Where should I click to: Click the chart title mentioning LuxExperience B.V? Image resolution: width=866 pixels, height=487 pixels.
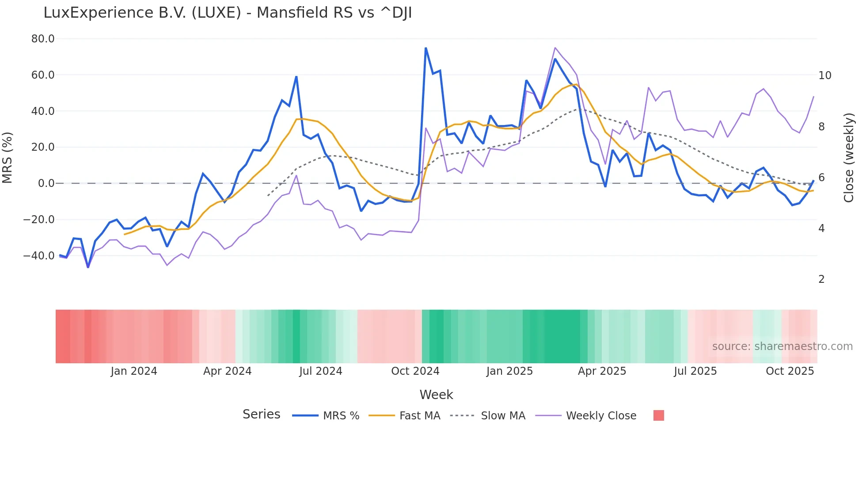(x=228, y=13)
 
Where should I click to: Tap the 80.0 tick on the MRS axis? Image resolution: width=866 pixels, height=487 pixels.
(x=43, y=39)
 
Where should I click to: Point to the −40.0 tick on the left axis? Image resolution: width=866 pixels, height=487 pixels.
(x=39, y=255)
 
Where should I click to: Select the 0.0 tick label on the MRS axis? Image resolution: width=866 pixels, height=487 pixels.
(x=46, y=183)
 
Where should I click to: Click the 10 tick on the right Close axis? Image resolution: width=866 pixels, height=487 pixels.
(x=824, y=76)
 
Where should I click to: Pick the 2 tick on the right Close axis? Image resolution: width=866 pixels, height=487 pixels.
(x=821, y=279)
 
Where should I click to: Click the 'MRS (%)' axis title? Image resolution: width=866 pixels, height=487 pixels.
(x=8, y=157)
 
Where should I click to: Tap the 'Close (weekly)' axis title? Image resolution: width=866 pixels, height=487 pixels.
(x=848, y=158)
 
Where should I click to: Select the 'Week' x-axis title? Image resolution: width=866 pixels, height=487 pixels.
(x=436, y=395)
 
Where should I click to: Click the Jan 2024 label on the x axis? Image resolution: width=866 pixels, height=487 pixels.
(x=134, y=371)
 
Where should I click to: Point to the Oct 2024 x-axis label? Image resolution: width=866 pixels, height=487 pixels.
(x=415, y=371)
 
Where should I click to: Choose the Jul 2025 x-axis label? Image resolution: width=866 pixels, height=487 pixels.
(x=695, y=371)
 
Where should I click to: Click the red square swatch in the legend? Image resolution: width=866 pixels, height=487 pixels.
(x=658, y=415)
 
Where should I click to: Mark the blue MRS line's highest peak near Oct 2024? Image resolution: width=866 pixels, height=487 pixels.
(x=425, y=48)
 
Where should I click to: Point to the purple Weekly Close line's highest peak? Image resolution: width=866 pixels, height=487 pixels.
(x=555, y=48)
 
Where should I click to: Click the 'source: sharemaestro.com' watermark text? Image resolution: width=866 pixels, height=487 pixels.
(x=782, y=346)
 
